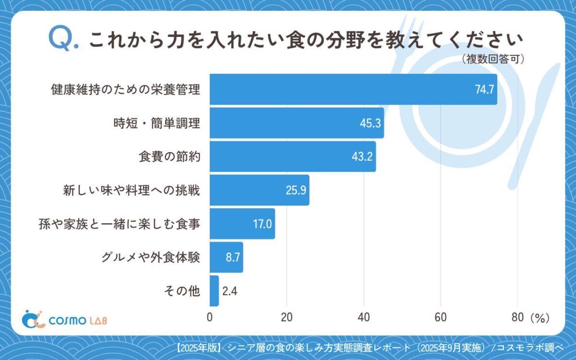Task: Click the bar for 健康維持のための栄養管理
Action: [353, 89]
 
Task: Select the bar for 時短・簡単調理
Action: [297, 123]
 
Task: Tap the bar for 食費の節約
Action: [293, 156]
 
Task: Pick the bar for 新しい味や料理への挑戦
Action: [259, 190]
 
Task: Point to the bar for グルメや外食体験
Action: [226, 257]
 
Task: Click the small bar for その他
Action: [214, 291]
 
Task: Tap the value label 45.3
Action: [370, 123]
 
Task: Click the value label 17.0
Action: [262, 224]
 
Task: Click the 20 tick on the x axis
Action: [287, 318]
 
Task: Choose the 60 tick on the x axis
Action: [441, 318]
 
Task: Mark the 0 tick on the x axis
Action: [210, 318]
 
